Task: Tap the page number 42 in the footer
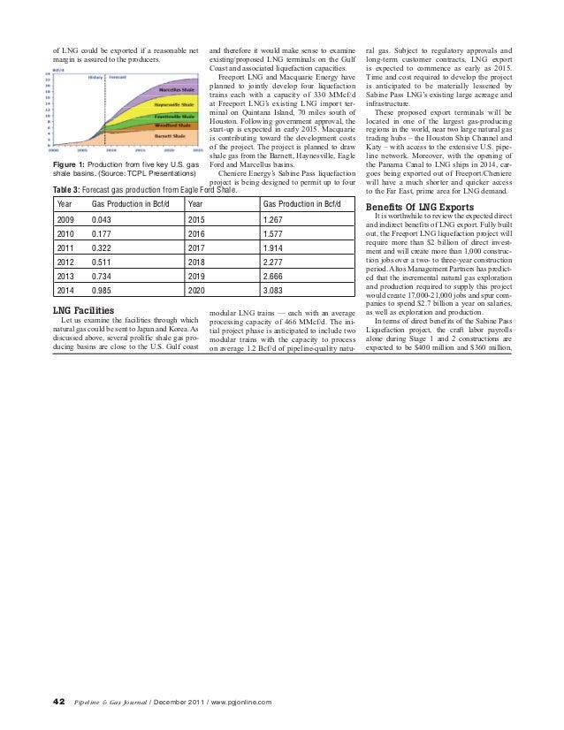(x=58, y=701)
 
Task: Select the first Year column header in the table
(x=65, y=203)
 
